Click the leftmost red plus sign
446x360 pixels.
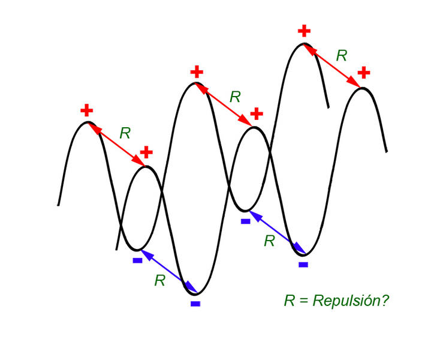tap(87, 110)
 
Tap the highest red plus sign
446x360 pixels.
tap(305, 30)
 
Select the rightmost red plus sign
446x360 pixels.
tap(363, 73)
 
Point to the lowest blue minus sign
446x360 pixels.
tap(195, 304)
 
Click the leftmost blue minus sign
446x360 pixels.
tap(137, 260)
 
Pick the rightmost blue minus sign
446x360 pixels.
tap(303, 264)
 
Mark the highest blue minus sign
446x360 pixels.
tap(245, 221)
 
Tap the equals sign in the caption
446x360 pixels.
tap(304, 301)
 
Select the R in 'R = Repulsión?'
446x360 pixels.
tap(290, 300)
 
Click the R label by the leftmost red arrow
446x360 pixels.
tap(125, 133)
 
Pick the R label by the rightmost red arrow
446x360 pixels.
tap(342, 56)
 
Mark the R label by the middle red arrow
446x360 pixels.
tap(235, 96)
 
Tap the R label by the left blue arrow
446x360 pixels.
tap(159, 280)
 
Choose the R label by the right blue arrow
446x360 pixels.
tap(269, 241)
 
